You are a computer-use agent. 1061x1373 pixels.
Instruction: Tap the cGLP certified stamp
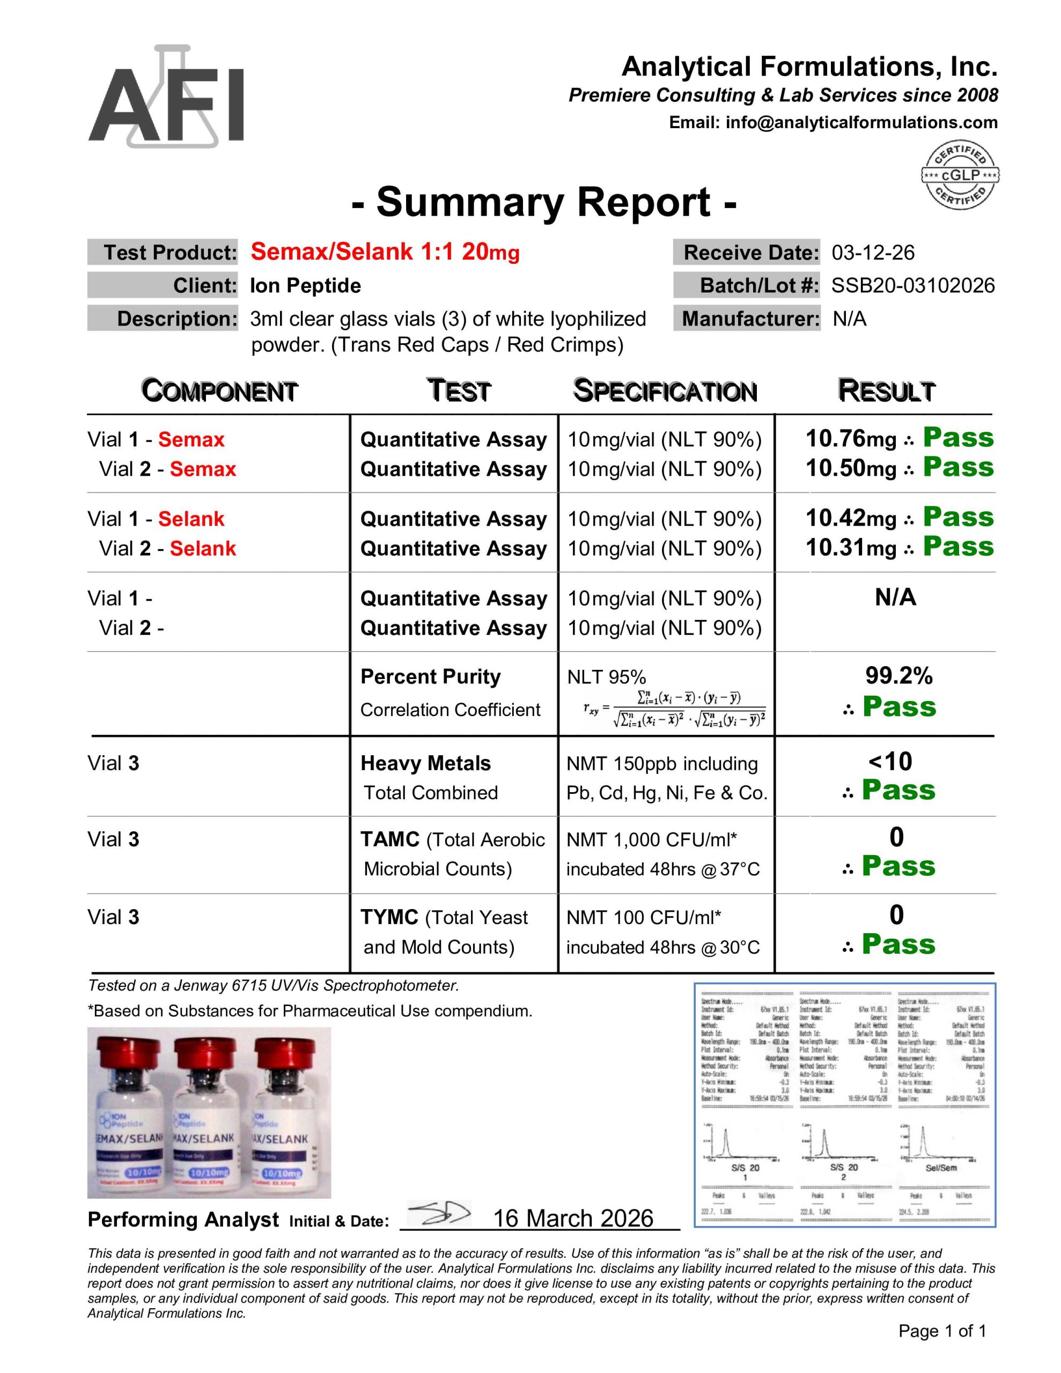(960, 175)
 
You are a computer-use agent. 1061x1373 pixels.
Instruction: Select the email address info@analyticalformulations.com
(861, 123)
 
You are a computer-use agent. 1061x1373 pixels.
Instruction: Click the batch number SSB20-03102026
(912, 286)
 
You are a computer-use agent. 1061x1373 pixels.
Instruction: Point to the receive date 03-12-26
(873, 253)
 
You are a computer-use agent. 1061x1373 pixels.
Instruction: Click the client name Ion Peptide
(305, 286)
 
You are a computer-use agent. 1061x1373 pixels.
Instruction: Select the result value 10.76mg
(850, 439)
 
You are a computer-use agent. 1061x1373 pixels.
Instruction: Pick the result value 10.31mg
(850, 548)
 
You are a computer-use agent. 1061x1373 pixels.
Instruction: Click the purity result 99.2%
(898, 676)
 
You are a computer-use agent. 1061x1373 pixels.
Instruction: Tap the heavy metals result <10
(890, 762)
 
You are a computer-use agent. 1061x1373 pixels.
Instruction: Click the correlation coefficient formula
(675, 709)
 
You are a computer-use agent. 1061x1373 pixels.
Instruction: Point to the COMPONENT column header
(219, 391)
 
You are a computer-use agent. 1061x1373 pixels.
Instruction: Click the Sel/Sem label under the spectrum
(941, 1168)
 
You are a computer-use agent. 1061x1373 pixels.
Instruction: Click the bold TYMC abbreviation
(389, 917)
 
